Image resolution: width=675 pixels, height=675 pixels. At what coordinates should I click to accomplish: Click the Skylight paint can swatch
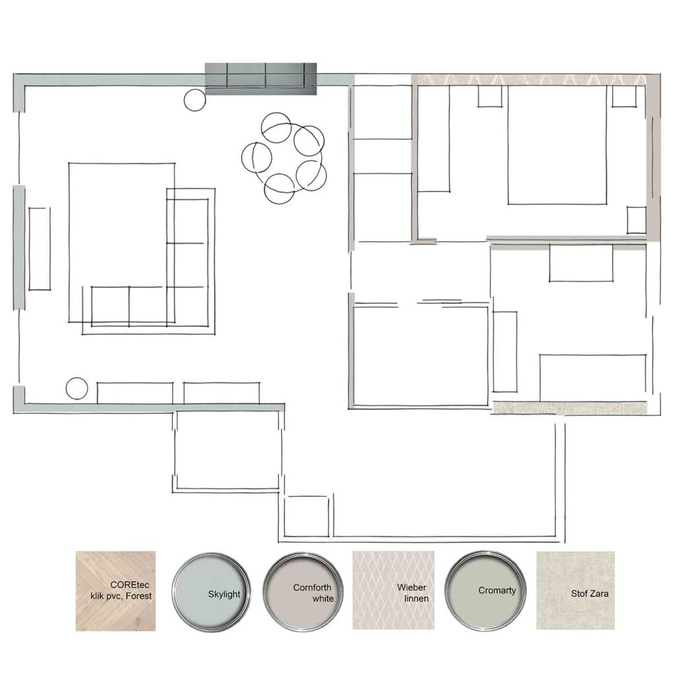point(210,591)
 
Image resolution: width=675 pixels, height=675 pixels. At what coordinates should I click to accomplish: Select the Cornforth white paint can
point(303,591)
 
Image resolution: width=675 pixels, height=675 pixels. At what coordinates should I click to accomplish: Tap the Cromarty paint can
point(485,590)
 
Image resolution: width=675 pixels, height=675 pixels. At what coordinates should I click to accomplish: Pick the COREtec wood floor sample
point(115,591)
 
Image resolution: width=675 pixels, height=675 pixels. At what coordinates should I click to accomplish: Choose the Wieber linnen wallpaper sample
point(394,590)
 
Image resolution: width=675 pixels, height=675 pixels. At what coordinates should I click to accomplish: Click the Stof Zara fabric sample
point(575,590)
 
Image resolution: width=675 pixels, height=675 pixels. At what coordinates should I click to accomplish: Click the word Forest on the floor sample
point(138,596)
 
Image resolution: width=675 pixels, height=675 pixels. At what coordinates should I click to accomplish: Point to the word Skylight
point(224,595)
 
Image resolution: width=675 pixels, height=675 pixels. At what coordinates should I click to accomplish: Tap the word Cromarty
point(497,591)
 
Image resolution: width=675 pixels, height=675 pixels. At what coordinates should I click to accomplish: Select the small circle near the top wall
point(194,100)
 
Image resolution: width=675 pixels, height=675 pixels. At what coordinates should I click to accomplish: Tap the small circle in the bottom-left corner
point(76,388)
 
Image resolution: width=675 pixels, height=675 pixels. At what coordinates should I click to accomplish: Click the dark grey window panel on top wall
point(260,79)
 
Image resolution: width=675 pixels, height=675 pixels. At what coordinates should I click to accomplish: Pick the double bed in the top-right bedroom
point(557,144)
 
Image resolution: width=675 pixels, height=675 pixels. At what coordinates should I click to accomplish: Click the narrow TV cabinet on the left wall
point(39,249)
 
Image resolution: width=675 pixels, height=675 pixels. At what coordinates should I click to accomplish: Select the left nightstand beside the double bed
point(490,96)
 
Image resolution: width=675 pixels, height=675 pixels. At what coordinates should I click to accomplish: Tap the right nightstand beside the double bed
point(624,96)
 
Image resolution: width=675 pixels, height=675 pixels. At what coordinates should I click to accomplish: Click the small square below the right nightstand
point(636,220)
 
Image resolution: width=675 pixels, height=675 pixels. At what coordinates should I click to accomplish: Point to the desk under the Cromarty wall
point(581,263)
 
